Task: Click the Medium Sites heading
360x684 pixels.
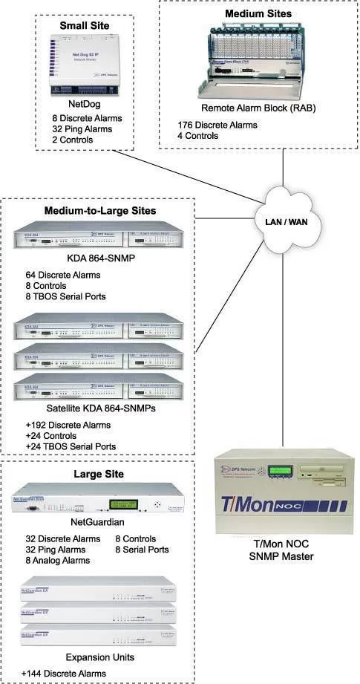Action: pos(259,13)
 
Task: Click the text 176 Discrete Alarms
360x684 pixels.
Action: pos(217,125)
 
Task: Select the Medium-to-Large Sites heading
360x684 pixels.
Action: pos(99,211)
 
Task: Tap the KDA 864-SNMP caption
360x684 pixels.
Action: pos(99,260)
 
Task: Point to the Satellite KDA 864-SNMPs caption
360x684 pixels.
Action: pos(99,408)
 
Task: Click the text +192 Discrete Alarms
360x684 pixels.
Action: pos(68,426)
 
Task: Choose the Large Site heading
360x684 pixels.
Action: pos(99,474)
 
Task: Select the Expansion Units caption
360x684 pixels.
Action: pos(99,657)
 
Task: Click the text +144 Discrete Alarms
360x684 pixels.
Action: pos(63,674)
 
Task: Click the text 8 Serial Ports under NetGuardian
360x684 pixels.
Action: pos(142,550)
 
